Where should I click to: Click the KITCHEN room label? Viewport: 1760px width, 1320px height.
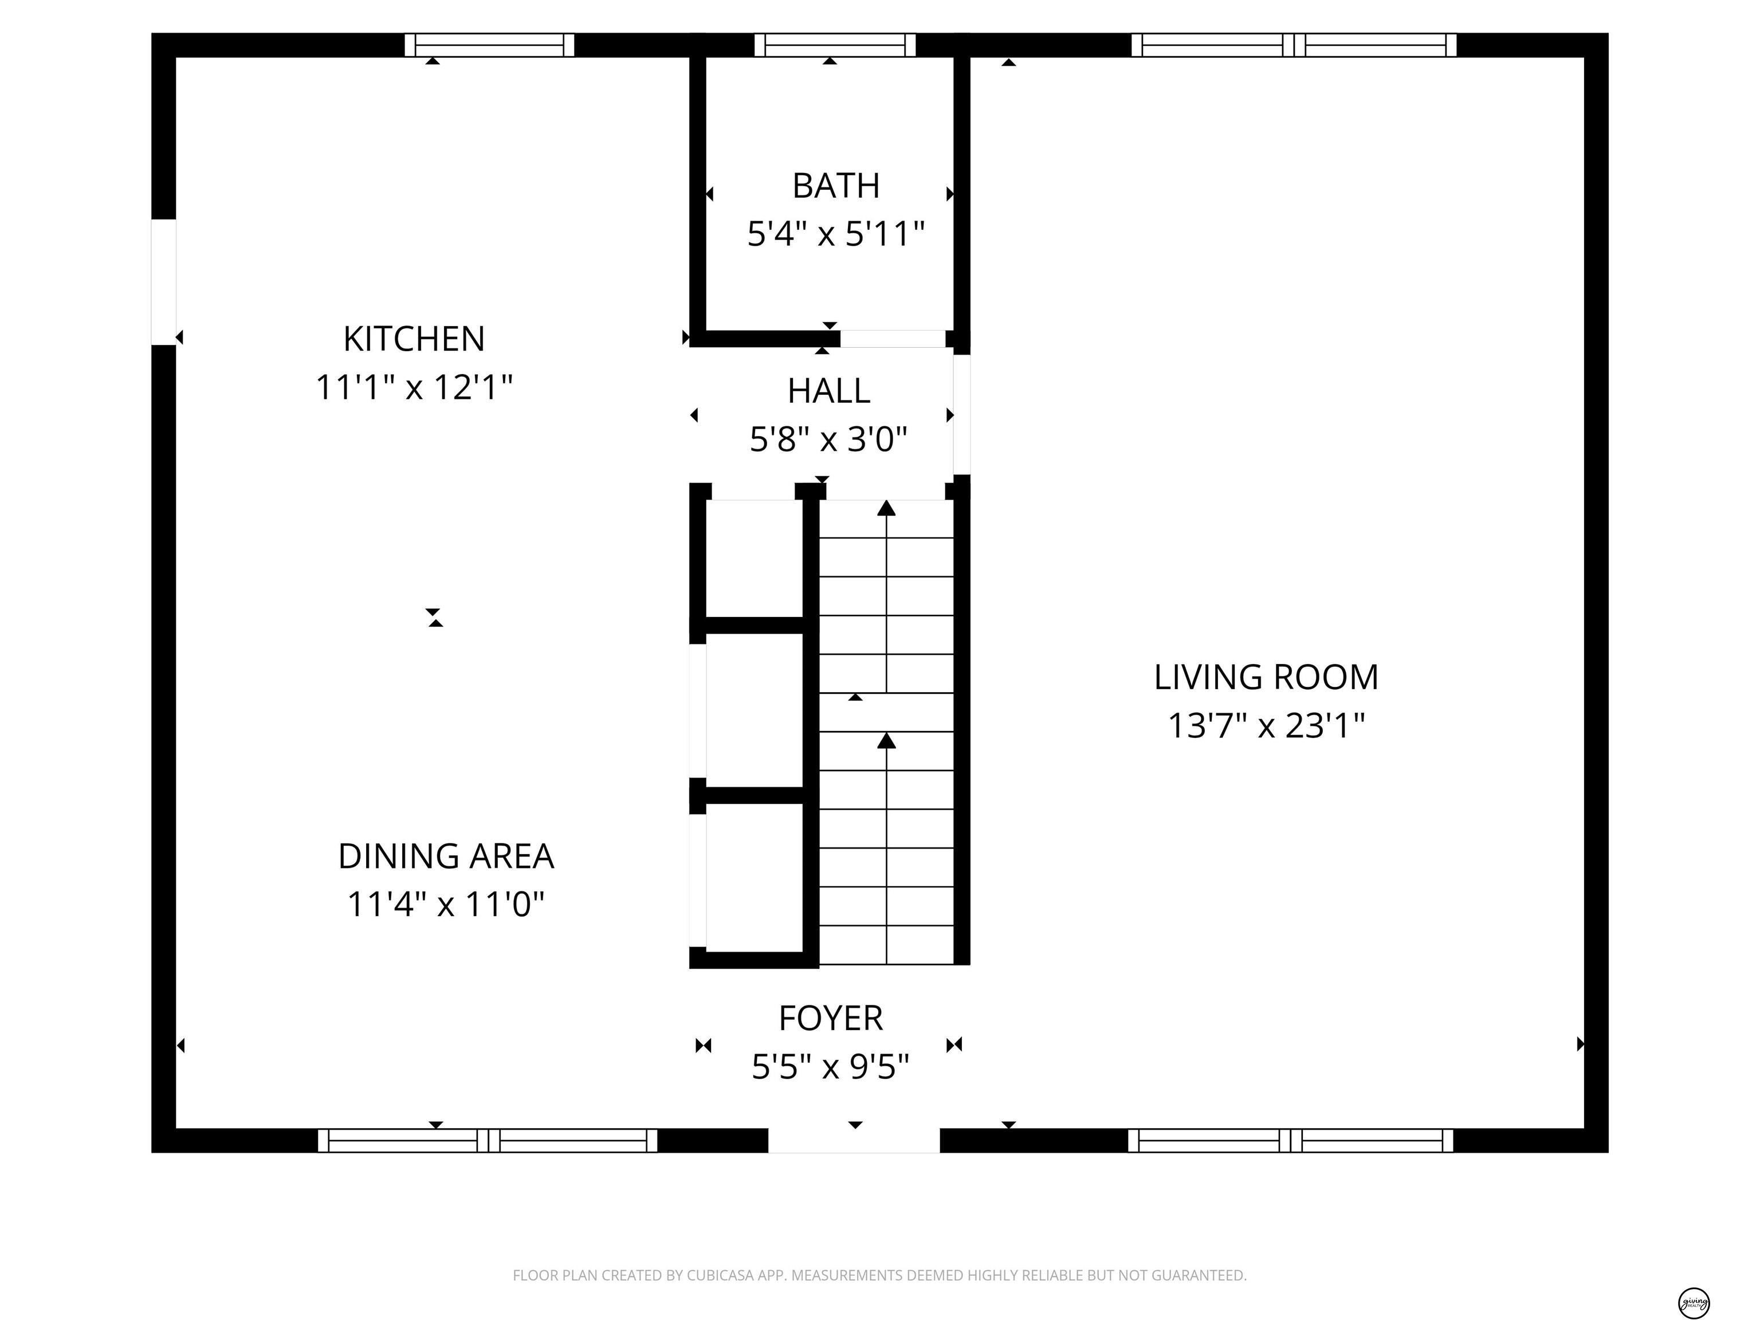point(414,339)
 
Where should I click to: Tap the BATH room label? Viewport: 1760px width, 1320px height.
point(835,186)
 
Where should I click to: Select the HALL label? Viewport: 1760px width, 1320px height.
point(828,391)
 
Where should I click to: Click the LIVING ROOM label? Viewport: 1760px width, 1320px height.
point(1266,677)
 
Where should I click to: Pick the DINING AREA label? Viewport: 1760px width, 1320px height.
point(446,856)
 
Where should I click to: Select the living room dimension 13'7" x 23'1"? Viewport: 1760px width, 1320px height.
point(1266,726)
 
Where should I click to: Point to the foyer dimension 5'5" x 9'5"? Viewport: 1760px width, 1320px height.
point(831,1066)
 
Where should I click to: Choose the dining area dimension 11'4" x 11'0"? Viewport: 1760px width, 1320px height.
point(446,904)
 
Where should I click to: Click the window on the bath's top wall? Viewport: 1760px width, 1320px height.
point(835,45)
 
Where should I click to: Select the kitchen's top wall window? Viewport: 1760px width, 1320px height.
point(489,45)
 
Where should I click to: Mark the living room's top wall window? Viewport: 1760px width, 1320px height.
point(1294,45)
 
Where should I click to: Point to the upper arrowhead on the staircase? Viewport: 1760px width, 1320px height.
point(886,508)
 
